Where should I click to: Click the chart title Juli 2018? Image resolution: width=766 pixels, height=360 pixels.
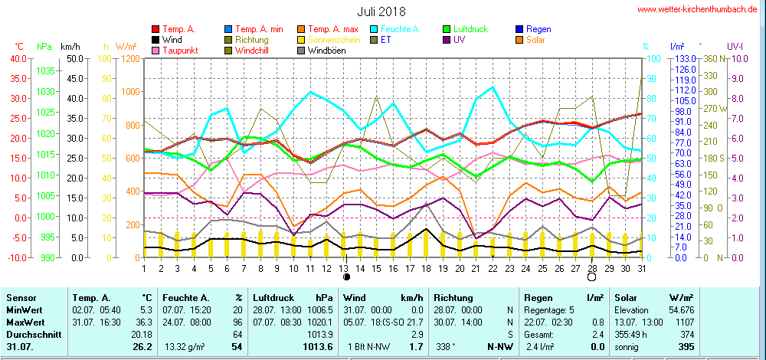[x=381, y=11]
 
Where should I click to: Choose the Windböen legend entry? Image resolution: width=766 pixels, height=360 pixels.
[x=329, y=51]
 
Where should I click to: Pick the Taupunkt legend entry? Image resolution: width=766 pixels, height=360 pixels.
[x=179, y=51]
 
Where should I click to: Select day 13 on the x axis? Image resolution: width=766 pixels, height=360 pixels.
[x=345, y=268]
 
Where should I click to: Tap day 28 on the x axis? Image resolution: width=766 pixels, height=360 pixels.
[x=592, y=268]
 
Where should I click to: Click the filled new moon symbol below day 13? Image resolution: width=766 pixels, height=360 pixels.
[x=346, y=277]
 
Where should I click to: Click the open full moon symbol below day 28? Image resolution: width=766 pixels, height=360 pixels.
[x=591, y=277]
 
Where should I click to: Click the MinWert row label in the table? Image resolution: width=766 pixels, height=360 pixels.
[x=23, y=309]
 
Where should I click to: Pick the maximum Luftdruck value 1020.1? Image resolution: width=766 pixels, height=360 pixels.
[x=324, y=322]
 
